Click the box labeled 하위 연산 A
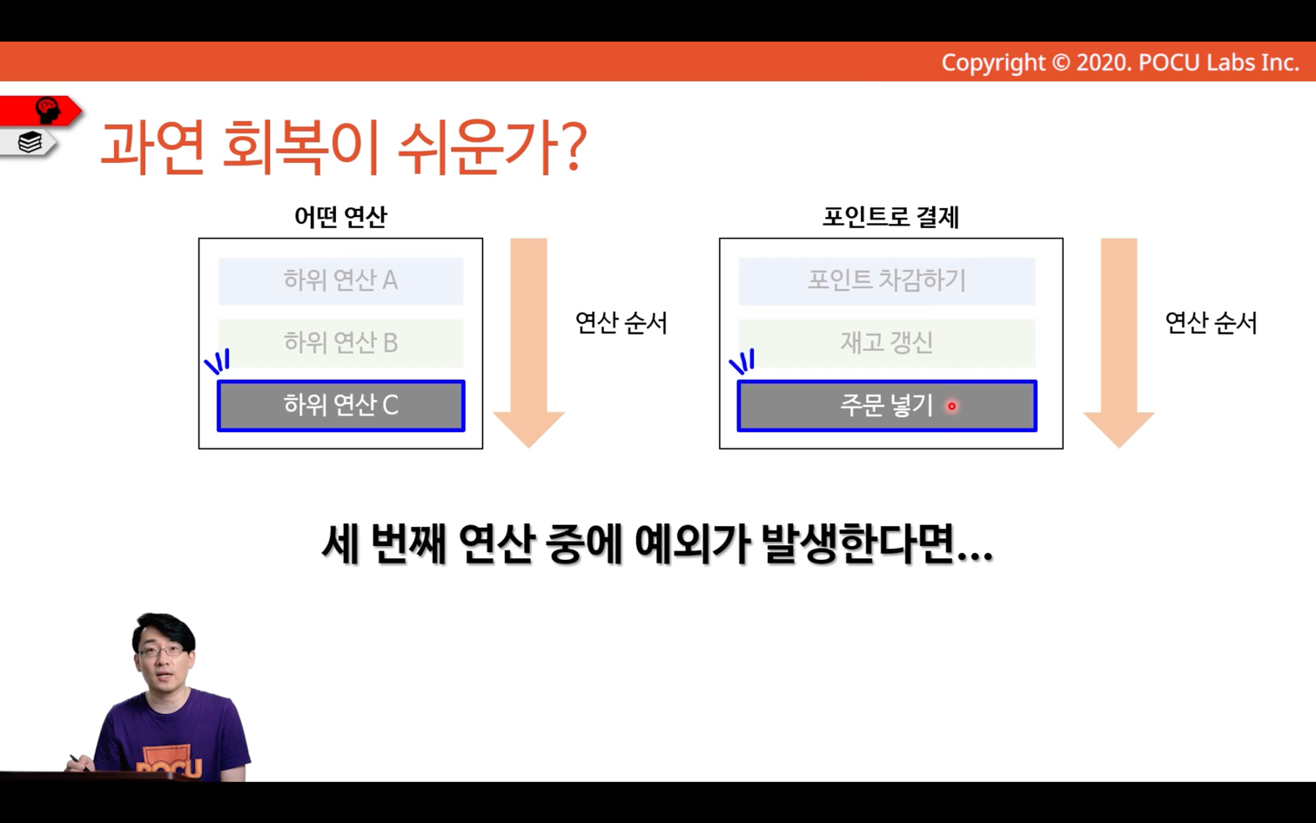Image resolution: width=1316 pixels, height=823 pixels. (x=341, y=281)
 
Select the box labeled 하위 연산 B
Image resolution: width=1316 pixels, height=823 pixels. (x=341, y=343)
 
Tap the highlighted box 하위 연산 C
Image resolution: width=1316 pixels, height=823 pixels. (x=341, y=406)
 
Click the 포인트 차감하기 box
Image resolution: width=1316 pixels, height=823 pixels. (x=887, y=281)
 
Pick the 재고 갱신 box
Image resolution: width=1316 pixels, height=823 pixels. (x=887, y=343)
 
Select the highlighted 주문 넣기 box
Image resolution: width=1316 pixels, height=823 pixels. (x=887, y=406)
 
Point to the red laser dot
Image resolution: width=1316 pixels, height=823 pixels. (x=952, y=406)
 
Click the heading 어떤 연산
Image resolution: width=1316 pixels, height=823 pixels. (x=341, y=217)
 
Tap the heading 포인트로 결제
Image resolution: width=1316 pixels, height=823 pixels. (x=890, y=217)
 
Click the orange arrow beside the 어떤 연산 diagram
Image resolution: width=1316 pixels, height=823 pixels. (x=528, y=343)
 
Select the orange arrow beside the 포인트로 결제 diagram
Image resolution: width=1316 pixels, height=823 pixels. (x=1118, y=343)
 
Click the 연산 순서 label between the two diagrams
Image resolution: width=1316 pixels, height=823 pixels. (x=621, y=323)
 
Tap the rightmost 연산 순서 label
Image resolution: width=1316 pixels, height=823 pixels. (x=1211, y=323)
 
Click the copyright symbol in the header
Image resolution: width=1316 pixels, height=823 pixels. (x=1060, y=63)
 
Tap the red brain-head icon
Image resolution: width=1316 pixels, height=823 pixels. (x=48, y=111)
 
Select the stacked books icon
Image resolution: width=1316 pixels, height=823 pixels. (x=30, y=142)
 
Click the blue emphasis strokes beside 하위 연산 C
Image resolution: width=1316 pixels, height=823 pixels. (x=217, y=361)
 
